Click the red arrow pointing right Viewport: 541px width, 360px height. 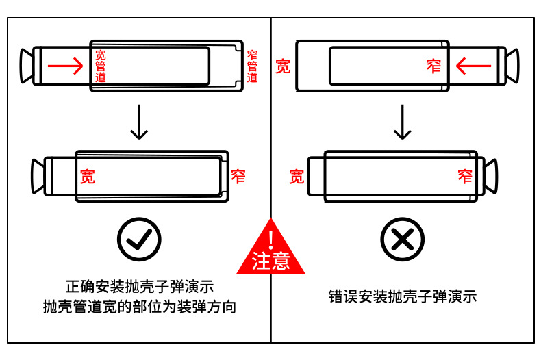pyautogui.click(x=65, y=66)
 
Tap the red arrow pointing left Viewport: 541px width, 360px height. pyautogui.click(x=473, y=66)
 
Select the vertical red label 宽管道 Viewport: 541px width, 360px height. pyautogui.click(x=101, y=66)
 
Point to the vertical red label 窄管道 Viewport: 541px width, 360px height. pyautogui.click(x=251, y=66)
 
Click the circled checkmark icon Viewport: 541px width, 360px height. pyautogui.click(x=139, y=239)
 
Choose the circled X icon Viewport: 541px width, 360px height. pyautogui.click(x=402, y=239)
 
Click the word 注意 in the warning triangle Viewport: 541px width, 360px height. pyautogui.click(x=271, y=261)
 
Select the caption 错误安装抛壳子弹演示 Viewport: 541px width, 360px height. pyautogui.click(x=402, y=296)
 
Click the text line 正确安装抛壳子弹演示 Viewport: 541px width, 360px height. pyautogui.click(x=139, y=286)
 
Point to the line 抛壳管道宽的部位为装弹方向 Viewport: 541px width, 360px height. pyautogui.click(x=139, y=307)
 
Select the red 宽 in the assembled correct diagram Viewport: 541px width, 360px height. pyautogui.click(x=88, y=177)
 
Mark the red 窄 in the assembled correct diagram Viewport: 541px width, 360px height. pyautogui.click(x=238, y=177)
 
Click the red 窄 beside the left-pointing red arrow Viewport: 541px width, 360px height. pyautogui.click(x=433, y=66)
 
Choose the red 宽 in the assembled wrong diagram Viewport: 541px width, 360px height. pyautogui.click(x=296, y=177)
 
